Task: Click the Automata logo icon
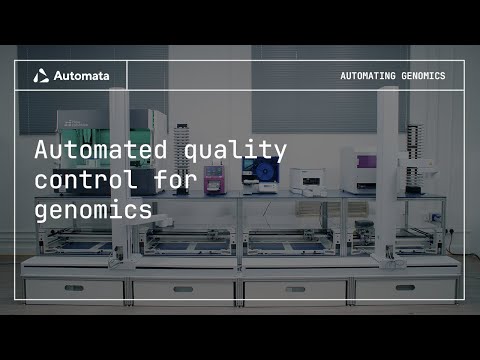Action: tap(41, 75)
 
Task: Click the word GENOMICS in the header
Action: tap(426, 76)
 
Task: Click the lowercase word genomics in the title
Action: tap(95, 212)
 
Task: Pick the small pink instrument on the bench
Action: tap(213, 178)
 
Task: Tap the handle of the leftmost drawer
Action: tap(74, 290)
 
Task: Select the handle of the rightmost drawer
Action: tap(405, 288)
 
